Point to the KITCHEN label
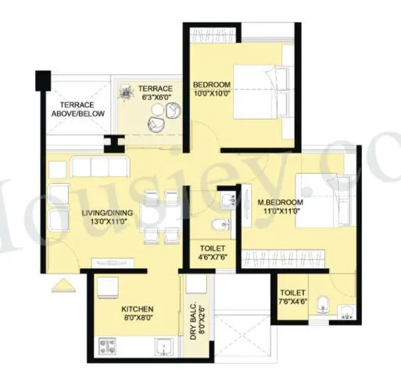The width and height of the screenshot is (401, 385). pos(121,308)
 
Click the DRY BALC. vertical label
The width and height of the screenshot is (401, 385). pos(192,322)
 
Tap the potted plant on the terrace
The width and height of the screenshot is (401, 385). pos(126,93)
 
